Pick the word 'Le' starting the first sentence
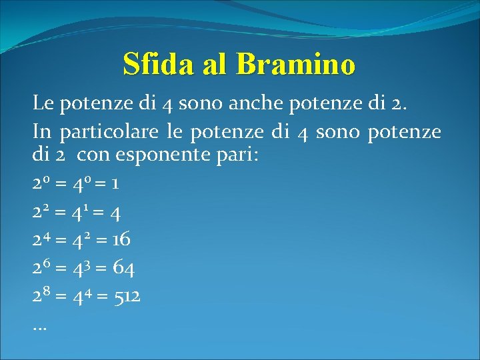(43, 103)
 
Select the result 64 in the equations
(123, 269)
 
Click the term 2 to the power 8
(41, 295)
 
